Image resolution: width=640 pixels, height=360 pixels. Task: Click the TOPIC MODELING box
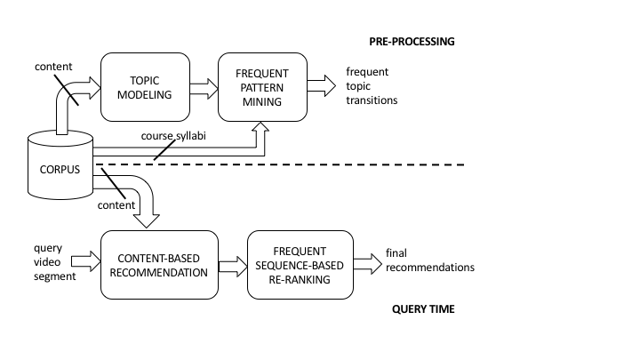pos(145,87)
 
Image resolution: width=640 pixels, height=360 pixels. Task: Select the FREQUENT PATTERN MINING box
pos(262,87)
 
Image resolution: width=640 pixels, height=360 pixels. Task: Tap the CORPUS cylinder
pos(60,165)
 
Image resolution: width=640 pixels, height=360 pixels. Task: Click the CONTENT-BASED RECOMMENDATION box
pos(159,265)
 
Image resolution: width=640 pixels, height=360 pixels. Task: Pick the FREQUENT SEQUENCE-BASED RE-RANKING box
pos(300,265)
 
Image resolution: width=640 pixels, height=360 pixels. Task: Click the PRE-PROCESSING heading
pos(412,42)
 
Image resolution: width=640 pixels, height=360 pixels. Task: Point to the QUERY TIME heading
pos(423,309)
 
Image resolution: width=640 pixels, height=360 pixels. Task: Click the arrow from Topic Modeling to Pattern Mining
pos(204,89)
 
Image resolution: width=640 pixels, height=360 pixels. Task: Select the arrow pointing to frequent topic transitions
pos(322,85)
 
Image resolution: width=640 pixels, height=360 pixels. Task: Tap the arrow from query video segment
pos(85,261)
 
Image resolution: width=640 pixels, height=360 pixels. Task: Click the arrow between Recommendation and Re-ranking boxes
pos(233,267)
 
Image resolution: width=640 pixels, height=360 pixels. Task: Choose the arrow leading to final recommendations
pos(368,264)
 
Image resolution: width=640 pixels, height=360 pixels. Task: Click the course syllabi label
pos(173,136)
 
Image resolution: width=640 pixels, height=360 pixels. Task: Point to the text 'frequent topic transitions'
pos(372,86)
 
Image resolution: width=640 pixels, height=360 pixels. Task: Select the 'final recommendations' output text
pos(430,260)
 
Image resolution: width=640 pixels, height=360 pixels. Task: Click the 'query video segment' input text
pos(55,262)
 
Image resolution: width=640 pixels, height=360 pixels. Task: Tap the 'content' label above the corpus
pos(53,67)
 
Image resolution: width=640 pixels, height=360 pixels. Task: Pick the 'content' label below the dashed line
pos(116,205)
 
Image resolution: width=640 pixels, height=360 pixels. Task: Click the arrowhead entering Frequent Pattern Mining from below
pos(260,127)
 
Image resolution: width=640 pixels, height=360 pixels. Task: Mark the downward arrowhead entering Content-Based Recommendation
pos(147,220)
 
